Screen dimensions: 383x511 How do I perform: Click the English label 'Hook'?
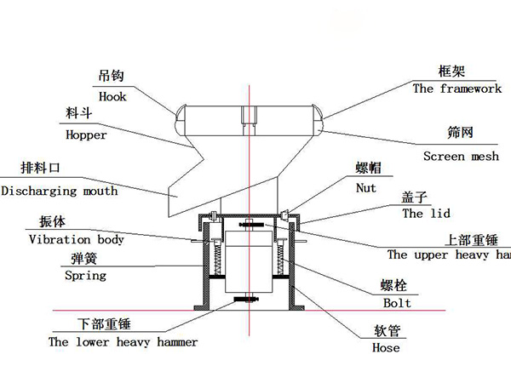[x=112, y=96]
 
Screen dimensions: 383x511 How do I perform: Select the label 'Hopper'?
[x=86, y=134]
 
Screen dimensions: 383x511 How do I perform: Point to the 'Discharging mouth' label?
[x=60, y=191]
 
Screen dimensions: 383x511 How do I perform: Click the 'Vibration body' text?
[x=77, y=239]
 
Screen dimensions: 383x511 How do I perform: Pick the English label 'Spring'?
[x=85, y=275]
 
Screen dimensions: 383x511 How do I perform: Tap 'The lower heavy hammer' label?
[x=123, y=341]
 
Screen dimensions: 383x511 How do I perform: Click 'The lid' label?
[x=425, y=214]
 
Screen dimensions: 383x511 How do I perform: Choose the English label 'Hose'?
[x=386, y=347]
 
